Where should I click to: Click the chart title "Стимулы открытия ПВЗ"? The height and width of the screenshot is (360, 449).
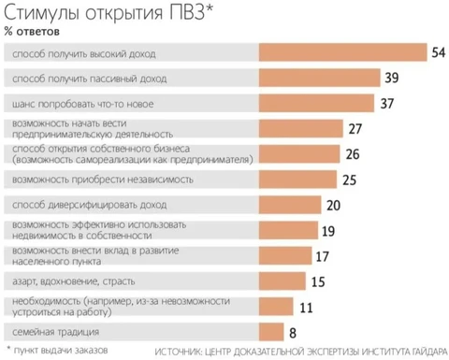click(x=110, y=13)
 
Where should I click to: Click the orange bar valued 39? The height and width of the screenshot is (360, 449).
click(x=318, y=78)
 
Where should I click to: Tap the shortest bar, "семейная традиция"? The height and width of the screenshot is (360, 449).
click(x=270, y=331)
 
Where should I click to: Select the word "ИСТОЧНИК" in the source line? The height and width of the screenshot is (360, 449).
click(x=177, y=351)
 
